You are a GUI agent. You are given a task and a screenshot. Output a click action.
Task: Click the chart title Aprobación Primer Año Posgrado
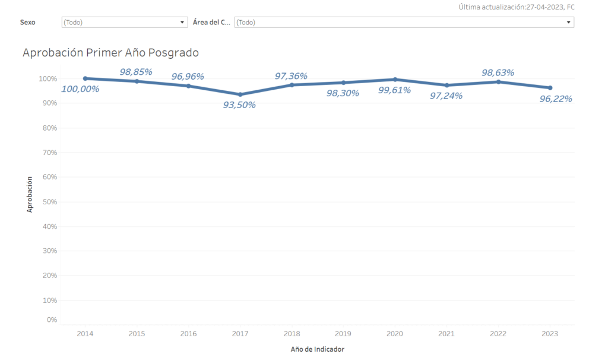point(110,52)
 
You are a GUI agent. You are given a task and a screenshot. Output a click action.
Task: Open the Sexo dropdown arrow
point(183,23)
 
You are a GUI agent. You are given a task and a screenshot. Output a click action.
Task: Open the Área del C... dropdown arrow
point(569,23)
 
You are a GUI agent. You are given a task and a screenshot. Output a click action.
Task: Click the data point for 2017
point(240,94)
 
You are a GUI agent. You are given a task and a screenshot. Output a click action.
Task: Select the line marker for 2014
point(85,78)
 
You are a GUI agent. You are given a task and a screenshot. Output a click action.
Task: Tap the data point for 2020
point(395,80)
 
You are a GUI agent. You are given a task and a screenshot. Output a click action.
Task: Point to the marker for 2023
point(550,88)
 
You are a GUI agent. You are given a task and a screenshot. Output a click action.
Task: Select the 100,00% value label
point(80,89)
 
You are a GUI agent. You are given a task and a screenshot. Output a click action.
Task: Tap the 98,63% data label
point(498,72)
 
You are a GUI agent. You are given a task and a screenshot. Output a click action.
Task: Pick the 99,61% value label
point(394,90)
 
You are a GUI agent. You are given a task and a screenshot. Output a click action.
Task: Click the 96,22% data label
point(555,99)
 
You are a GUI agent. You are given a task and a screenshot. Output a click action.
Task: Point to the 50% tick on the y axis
point(49,202)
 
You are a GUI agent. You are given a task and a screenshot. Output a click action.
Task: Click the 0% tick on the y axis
point(51,320)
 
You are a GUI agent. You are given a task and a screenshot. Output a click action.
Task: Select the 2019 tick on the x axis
point(343,334)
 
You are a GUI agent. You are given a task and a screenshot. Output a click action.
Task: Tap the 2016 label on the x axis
point(188,334)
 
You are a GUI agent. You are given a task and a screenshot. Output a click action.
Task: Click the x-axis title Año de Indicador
point(317,349)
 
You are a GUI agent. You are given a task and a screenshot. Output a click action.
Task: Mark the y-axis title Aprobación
point(30,194)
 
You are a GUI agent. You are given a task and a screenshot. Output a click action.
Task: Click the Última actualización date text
point(516,7)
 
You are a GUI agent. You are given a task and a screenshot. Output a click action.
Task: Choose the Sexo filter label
point(28,23)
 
